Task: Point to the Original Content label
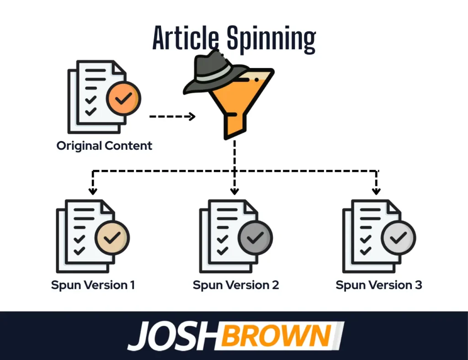tap(104, 146)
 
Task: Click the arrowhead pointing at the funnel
tap(191, 116)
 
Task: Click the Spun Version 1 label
tap(93, 286)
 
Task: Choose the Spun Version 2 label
tap(236, 286)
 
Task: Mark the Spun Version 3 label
tap(379, 286)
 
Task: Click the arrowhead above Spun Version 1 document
tap(93, 191)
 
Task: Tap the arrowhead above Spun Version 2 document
tap(234, 191)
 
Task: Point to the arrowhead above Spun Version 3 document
tap(376, 191)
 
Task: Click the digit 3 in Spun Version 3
tap(418, 286)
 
